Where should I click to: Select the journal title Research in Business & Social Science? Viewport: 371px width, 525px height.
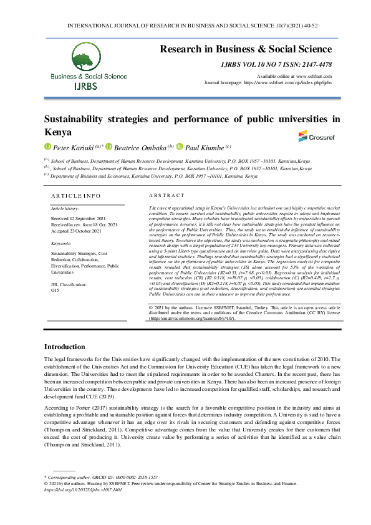(246, 49)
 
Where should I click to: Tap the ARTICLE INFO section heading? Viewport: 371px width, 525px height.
(75, 195)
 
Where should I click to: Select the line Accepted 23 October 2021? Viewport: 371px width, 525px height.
(77, 230)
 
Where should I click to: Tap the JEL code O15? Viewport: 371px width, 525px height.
(55, 290)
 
